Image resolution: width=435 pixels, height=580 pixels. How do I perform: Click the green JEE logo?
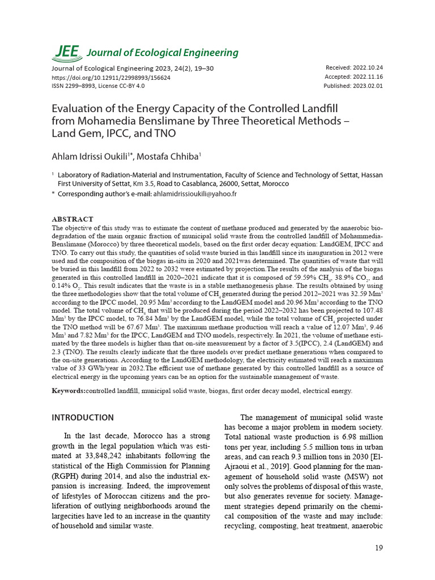[x=66, y=52]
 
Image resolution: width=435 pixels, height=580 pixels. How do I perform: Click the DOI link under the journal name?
[x=111, y=77]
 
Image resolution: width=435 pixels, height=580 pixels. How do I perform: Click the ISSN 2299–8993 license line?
[x=98, y=86]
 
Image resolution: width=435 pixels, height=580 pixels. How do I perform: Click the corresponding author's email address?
[x=195, y=194]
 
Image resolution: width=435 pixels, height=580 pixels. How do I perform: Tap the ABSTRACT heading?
[x=72, y=219]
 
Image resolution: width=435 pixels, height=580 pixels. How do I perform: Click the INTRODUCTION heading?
[x=83, y=418]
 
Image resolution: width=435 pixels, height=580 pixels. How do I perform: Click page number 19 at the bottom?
[x=379, y=548]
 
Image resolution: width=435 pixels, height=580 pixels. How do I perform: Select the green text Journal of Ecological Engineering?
[x=162, y=53]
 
